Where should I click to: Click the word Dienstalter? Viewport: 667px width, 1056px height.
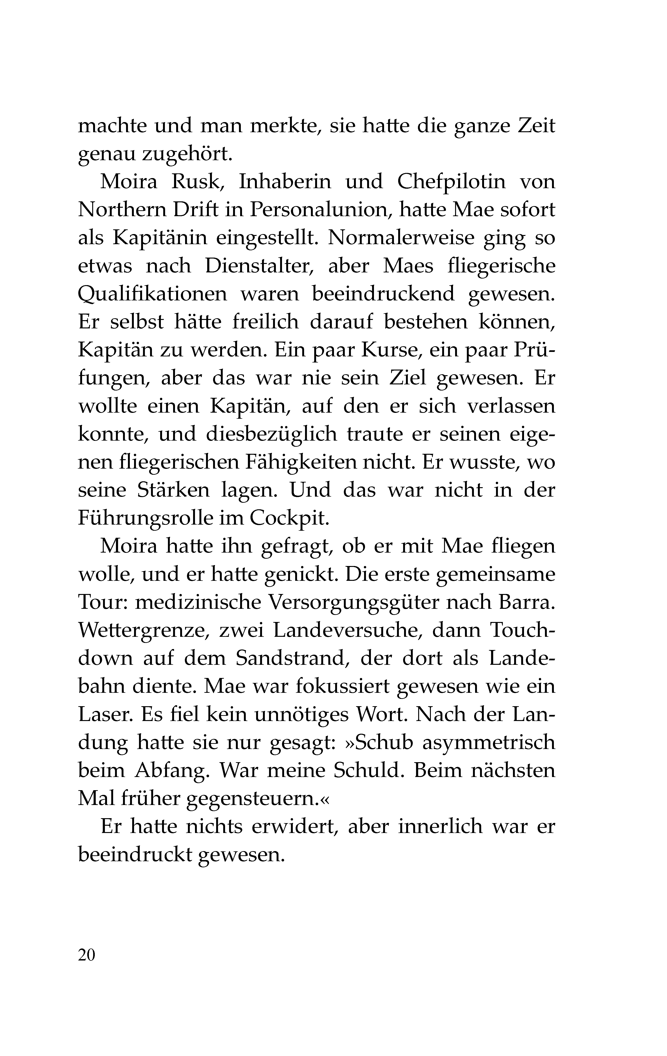coord(260,266)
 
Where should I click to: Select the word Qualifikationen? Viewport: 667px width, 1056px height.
coord(152,294)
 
